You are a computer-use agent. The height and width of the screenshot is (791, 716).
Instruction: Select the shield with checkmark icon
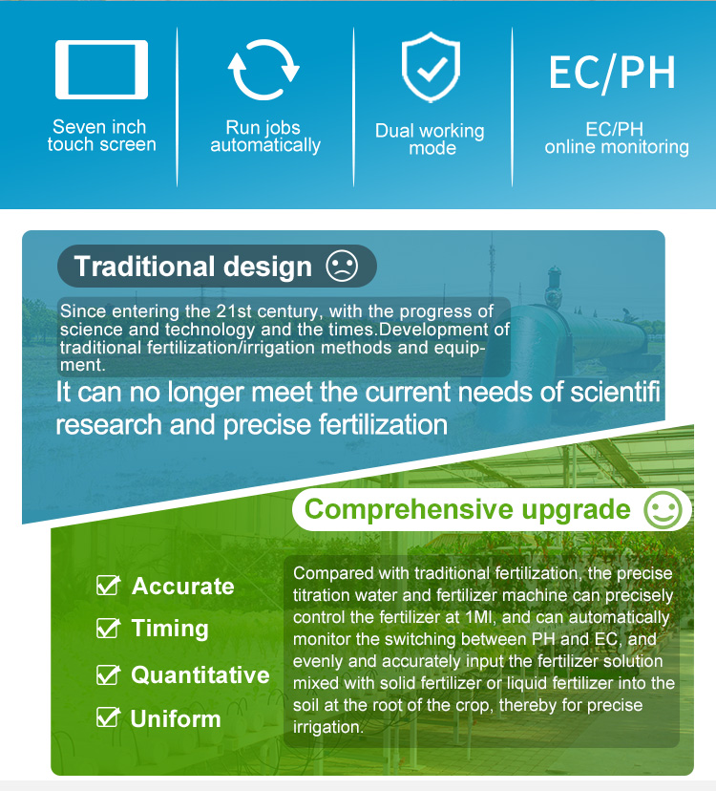[x=431, y=67]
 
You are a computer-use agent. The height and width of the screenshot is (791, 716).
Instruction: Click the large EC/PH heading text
[x=612, y=74]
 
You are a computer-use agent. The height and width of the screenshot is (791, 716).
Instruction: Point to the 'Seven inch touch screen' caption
[x=101, y=136]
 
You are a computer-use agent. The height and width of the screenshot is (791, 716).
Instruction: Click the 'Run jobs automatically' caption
[x=265, y=137]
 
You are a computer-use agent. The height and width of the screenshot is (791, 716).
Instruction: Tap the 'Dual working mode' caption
[x=430, y=139]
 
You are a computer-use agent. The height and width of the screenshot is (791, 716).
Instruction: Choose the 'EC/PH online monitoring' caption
[x=616, y=138]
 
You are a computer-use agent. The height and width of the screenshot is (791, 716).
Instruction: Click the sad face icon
[x=342, y=266]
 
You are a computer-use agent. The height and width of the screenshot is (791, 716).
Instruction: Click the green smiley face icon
[x=663, y=509]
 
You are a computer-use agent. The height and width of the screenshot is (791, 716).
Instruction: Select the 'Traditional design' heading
[x=193, y=266]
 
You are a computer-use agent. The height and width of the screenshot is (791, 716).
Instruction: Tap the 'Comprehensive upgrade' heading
[x=468, y=509]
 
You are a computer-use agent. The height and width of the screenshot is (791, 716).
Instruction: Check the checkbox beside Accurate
[x=108, y=586]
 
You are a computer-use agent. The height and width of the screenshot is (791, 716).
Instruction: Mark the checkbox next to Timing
[x=108, y=628]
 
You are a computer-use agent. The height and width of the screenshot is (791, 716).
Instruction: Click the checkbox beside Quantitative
[x=108, y=675]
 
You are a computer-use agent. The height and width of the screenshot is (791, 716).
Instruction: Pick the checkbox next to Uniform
[x=108, y=717]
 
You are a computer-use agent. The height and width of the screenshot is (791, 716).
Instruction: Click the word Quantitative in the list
[x=200, y=675]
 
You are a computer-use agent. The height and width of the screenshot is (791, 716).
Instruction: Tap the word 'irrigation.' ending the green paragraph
[x=328, y=727]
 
